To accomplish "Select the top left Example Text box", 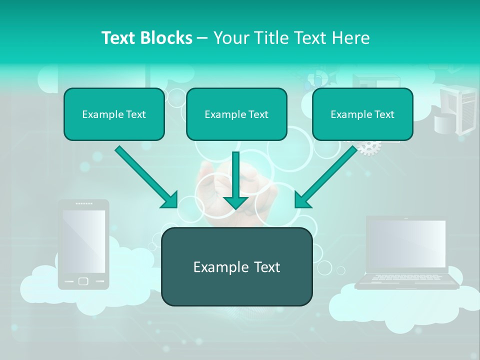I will [114, 114].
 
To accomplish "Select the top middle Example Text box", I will [236, 114].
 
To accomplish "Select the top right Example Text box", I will [362, 114].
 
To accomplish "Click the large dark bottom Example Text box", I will [236, 266].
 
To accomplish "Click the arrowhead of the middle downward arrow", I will [235, 202].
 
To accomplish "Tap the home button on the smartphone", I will [83, 281].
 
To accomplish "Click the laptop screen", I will [406, 243].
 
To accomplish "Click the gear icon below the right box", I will [370, 146].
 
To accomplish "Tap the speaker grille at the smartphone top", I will [83, 204].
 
